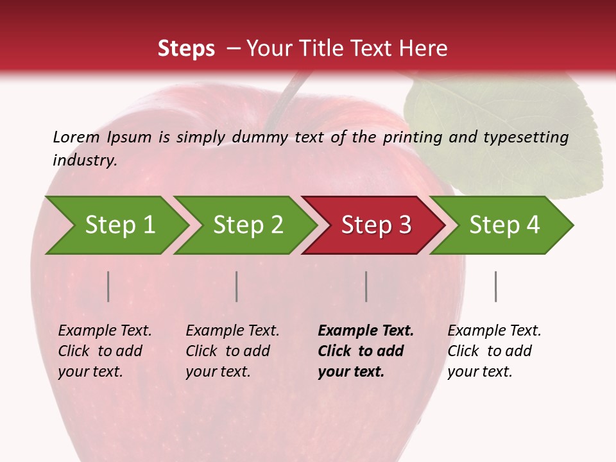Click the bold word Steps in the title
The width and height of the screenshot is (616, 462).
point(186,49)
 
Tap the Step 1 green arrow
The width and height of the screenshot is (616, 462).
point(119,225)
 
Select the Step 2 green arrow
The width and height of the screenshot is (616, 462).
point(248,225)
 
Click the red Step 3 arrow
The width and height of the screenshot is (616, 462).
point(376,225)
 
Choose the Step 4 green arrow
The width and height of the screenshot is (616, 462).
point(504,225)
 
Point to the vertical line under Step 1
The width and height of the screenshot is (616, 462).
point(108,286)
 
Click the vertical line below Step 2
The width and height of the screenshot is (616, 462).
point(237,286)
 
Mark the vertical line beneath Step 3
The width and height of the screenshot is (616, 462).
point(366,286)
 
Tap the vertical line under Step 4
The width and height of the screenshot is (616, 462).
point(495,286)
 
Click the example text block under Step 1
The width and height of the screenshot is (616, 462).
point(105,351)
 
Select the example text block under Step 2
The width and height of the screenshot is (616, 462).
point(232,351)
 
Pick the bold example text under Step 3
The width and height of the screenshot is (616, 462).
point(366,351)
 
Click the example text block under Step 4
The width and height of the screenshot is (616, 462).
point(494,351)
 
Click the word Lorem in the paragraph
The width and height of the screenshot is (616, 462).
point(76,137)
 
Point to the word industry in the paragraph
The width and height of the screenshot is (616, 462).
point(85,160)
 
